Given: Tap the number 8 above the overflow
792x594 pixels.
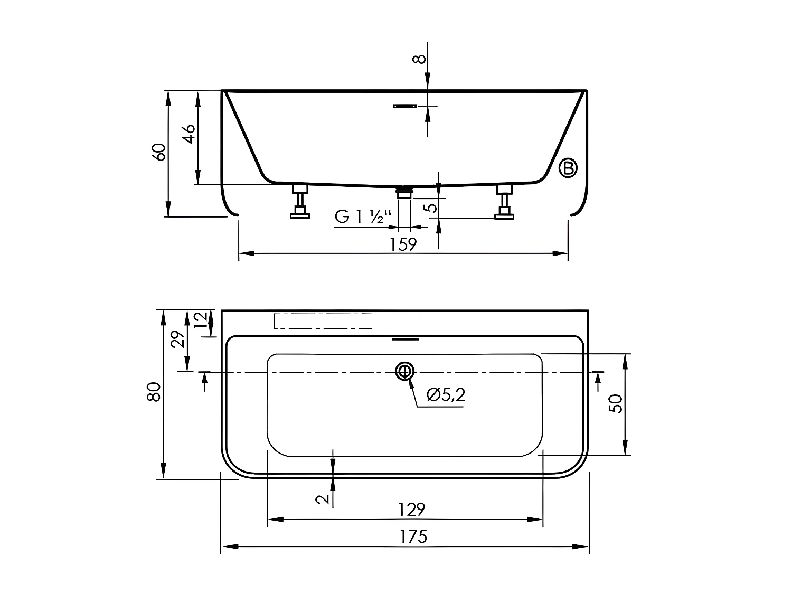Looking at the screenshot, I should tap(419, 59).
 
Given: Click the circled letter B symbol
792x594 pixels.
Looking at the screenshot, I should tap(568, 168).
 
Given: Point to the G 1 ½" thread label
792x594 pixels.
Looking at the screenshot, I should tap(364, 216).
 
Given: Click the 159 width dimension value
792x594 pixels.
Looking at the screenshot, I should tap(403, 244).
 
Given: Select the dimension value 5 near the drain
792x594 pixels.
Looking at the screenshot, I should tap(432, 208).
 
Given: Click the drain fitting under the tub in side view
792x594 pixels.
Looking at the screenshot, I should tap(404, 191).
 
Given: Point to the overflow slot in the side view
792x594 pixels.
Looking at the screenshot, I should tap(404, 106).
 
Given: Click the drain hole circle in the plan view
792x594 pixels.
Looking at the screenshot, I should tap(405, 372).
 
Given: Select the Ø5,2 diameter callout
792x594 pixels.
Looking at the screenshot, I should tap(446, 395).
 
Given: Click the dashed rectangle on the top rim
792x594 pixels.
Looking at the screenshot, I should tap(323, 321).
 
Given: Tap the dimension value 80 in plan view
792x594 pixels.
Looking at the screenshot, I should tap(154, 392).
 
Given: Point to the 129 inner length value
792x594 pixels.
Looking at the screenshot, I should tap(411, 510).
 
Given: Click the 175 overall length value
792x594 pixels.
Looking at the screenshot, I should tap(413, 536).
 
